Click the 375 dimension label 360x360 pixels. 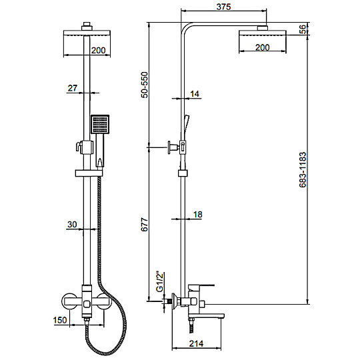(223, 7)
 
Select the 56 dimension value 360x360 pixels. (303, 29)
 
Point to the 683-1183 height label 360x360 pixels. (303, 170)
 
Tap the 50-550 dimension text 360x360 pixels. (145, 85)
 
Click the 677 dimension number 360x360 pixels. (145, 224)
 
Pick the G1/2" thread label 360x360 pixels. (159, 282)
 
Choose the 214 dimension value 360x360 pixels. (196, 344)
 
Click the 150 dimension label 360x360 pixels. (60, 320)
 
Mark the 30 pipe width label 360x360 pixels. (72, 224)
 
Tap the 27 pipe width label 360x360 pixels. (73, 88)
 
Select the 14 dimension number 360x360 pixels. (195, 94)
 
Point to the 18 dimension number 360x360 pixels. (198, 215)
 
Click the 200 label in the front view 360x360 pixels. (98, 50)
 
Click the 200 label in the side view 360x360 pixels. (263, 47)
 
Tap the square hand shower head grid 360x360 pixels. (100, 124)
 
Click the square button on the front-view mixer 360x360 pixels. (87, 305)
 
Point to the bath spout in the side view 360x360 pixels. (206, 316)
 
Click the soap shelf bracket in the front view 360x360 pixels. (89, 173)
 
